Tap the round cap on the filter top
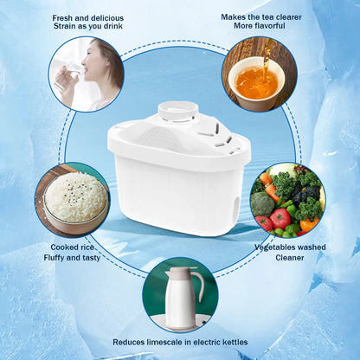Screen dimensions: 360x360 tap(178, 112)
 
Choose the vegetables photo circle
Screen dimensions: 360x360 tap(286, 200)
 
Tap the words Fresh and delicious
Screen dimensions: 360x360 tap(87, 17)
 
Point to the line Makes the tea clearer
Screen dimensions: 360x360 tap(260, 17)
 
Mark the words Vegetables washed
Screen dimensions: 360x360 tap(291, 246)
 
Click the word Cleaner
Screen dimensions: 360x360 tap(291, 257)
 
